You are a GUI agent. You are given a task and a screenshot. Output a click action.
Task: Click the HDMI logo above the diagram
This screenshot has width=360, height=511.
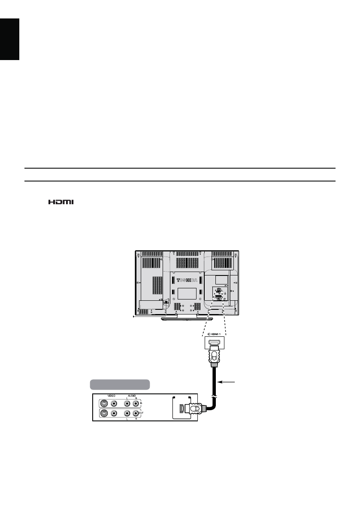coord(61,201)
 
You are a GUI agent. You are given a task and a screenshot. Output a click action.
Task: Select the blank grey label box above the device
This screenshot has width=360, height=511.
coord(119,383)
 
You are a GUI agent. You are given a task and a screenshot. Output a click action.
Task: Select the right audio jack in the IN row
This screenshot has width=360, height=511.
coord(136,403)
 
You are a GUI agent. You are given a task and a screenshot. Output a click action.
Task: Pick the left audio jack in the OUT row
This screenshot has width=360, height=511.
coord(127,414)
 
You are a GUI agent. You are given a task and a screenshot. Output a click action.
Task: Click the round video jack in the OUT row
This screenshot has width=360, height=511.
coord(114,414)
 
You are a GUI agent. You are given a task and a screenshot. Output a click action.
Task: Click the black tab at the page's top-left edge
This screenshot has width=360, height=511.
coord(10,39)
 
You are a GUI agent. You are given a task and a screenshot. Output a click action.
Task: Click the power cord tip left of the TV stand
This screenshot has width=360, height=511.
coord(134,318)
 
